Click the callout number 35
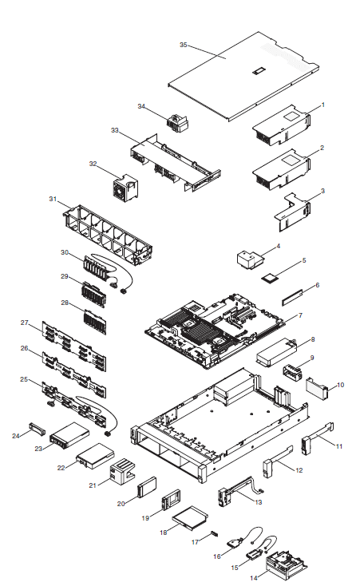183,46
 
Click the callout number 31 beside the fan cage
53,199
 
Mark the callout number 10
341,385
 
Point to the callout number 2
322,148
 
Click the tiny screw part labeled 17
213,533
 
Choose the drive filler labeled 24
38,430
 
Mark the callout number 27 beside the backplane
25,323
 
